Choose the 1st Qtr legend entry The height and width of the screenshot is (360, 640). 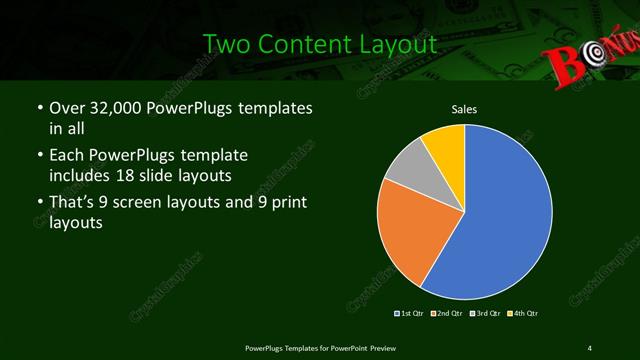411,313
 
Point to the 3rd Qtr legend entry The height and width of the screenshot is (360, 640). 483,313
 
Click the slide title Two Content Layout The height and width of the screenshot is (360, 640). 320,45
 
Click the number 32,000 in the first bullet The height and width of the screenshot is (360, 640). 115,107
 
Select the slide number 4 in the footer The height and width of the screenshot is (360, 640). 589,347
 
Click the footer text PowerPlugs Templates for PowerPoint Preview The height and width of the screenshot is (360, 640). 319,347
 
